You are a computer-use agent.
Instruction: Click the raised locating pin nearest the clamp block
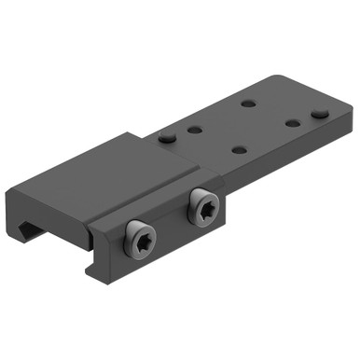(x=167, y=137)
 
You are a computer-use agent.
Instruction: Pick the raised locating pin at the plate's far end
(x=319, y=114)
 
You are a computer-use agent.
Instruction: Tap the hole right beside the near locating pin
(x=197, y=132)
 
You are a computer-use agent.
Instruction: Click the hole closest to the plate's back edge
(x=248, y=103)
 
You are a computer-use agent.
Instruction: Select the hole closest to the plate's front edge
(x=238, y=149)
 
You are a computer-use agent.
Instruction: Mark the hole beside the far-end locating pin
(x=292, y=123)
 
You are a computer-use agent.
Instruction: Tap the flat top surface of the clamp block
(x=112, y=168)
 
